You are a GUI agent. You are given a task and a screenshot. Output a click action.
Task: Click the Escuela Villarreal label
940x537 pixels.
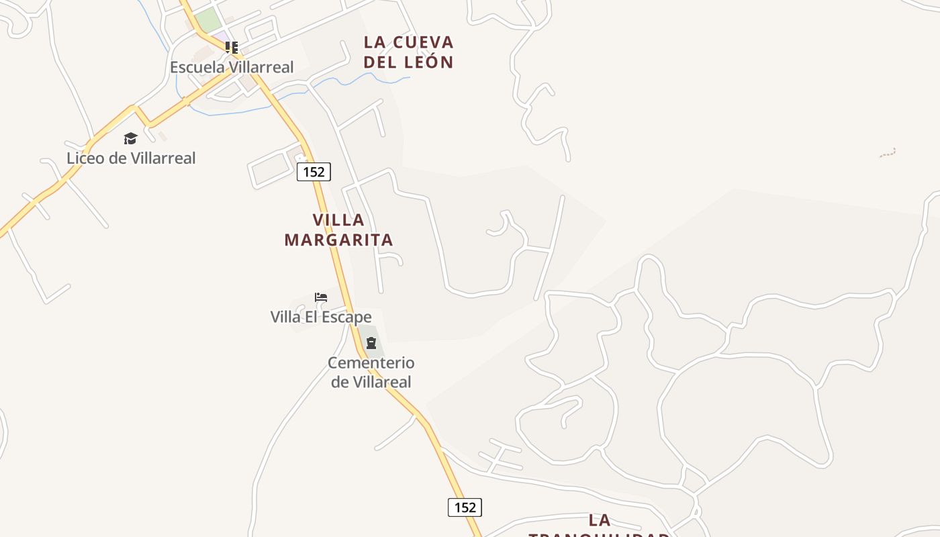232,67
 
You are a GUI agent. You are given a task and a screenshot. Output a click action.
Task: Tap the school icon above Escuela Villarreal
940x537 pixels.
232,48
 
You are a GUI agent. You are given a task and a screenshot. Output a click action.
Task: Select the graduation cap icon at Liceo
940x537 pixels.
130,138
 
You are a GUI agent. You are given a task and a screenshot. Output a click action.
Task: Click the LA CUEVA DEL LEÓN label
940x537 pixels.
409,52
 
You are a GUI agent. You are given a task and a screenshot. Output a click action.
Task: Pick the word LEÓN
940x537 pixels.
429,62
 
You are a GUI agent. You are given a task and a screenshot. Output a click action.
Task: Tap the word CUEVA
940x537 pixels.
422,42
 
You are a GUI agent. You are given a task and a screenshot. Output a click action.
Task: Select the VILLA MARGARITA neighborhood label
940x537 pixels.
338,230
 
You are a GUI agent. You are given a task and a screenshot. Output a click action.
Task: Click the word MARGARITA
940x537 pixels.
338,240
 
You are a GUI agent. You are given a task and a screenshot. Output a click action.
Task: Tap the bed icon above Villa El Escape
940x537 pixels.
321,297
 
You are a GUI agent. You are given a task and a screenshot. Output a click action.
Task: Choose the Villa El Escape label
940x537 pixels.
321,317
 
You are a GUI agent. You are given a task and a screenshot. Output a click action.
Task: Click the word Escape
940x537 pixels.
348,317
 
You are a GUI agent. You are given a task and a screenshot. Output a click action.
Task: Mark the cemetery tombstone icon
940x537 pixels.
371,343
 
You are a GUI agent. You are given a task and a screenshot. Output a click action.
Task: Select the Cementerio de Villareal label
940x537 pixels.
371,373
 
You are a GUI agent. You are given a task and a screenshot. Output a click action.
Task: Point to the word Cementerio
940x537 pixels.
371,363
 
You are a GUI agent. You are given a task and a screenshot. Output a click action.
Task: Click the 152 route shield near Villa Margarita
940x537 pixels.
314,172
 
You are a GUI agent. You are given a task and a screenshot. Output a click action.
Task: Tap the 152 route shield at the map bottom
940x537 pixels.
465,507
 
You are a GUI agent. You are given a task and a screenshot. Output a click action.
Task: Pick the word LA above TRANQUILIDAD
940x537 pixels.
600,520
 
